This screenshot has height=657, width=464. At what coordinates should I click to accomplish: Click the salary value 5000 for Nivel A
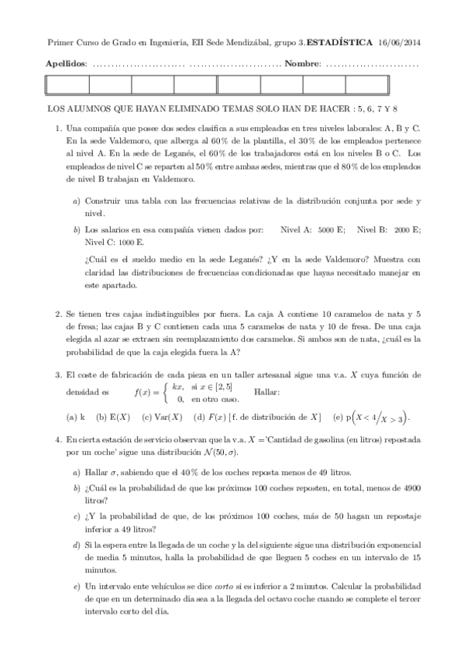tap(327, 230)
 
